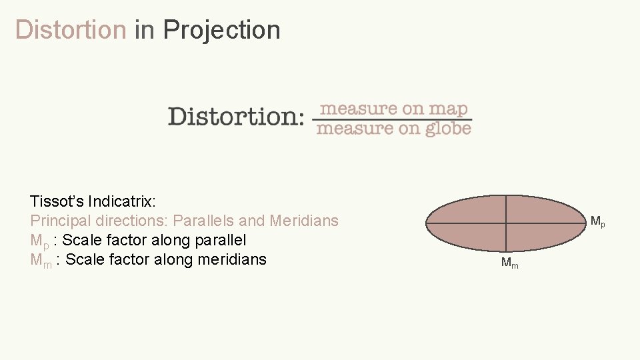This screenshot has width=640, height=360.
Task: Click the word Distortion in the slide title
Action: coord(70,30)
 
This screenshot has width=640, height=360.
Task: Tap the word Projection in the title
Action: coord(221,30)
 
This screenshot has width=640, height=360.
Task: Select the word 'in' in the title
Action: coord(144,30)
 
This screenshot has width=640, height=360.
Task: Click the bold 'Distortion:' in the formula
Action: coord(236,116)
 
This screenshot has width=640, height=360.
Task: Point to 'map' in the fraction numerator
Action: coord(448,108)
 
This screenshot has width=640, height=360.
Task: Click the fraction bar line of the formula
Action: coord(393,119)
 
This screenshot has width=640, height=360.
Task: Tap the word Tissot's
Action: coord(57,201)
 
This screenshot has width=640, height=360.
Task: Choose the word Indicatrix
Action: coord(122,201)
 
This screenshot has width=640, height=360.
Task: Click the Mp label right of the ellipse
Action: coord(598,221)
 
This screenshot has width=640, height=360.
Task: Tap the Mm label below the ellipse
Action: coord(509,264)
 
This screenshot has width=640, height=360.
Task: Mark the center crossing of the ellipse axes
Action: coord(506,222)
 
